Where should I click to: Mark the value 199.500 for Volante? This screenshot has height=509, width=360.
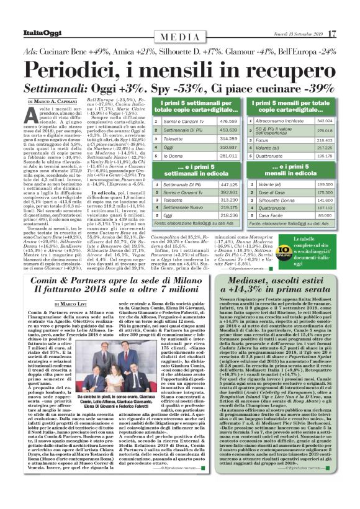tap(325, 184)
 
